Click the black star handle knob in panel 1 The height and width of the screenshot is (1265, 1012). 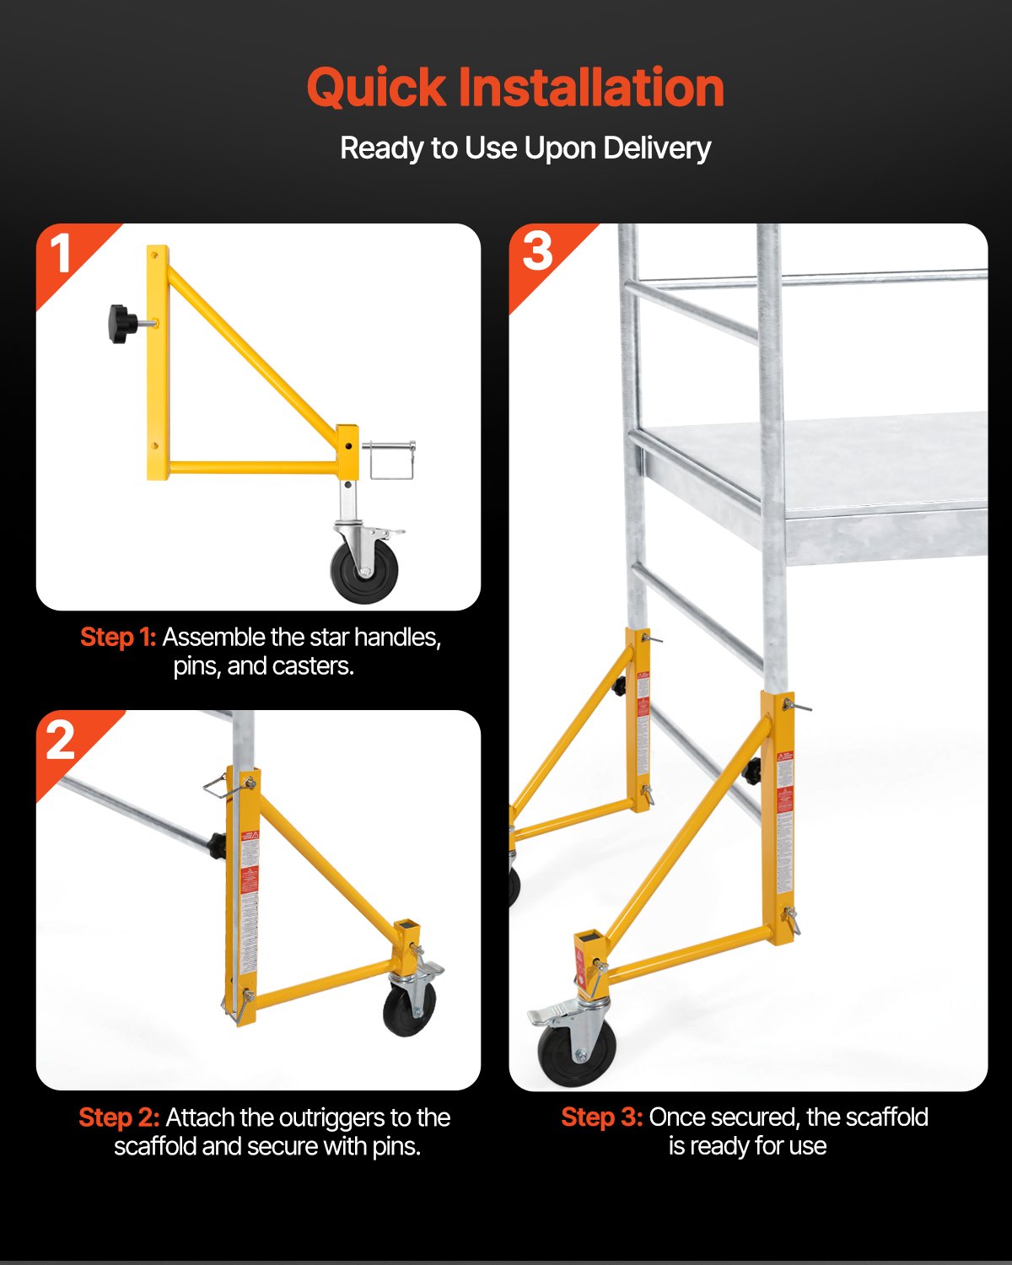coord(122,324)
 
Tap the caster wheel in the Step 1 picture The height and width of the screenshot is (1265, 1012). coord(363,572)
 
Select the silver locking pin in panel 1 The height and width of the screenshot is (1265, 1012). coord(390,460)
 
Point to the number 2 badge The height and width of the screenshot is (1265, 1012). coord(61,740)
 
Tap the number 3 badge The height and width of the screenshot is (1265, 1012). coord(537,251)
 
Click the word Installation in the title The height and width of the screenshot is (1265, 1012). coord(590,88)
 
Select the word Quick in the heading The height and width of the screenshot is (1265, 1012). coord(376,88)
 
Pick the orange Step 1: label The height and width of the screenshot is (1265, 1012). coord(118,638)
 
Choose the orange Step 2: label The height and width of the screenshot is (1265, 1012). coord(119,1117)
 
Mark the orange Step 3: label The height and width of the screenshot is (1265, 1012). coord(602,1117)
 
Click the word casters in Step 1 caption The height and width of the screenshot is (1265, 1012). coord(314,666)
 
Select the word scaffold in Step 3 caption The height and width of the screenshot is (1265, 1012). coord(885,1117)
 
